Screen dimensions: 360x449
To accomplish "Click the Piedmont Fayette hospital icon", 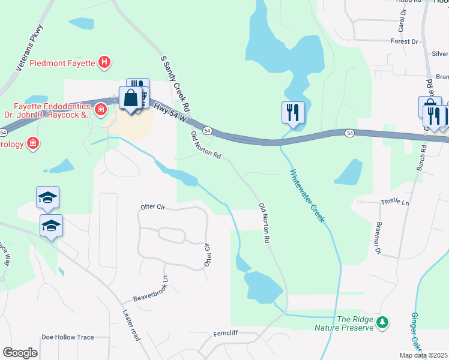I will [x=105, y=61].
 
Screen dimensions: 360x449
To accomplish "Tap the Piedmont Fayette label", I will [x=63, y=61].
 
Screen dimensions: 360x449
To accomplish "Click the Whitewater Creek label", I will [x=307, y=196].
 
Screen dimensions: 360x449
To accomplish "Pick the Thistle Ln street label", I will [x=394, y=203].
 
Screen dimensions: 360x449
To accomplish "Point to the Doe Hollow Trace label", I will [x=68, y=337].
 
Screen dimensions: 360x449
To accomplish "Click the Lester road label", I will [x=131, y=324].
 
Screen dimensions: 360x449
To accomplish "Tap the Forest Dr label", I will [x=404, y=41].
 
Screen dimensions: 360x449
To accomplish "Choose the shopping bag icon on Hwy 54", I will [x=130, y=97].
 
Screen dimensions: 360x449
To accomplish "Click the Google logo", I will [x=20, y=352].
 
